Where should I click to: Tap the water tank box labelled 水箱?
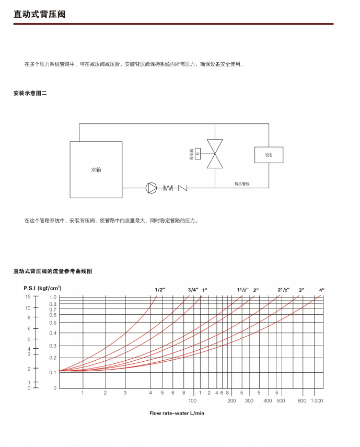click(x=96, y=169)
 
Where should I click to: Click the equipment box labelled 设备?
click(x=269, y=155)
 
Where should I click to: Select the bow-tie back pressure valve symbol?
click(x=215, y=154)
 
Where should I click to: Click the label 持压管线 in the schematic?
click(x=242, y=184)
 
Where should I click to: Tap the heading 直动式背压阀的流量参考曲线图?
click(x=53, y=271)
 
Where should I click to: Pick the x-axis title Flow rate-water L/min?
click(x=177, y=413)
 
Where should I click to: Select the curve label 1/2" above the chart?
click(x=159, y=290)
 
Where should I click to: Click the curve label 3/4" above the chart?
click(x=193, y=290)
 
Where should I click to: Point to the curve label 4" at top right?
click(x=322, y=290)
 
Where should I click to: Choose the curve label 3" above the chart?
click(x=301, y=290)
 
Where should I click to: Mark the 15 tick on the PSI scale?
click(x=28, y=296)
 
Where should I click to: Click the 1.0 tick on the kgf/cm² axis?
click(x=53, y=297)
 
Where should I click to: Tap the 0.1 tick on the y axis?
click(x=53, y=372)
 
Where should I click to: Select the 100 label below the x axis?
click(x=192, y=400)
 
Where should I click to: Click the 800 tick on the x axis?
click(x=301, y=400)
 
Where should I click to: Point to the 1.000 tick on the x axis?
click(x=317, y=400)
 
